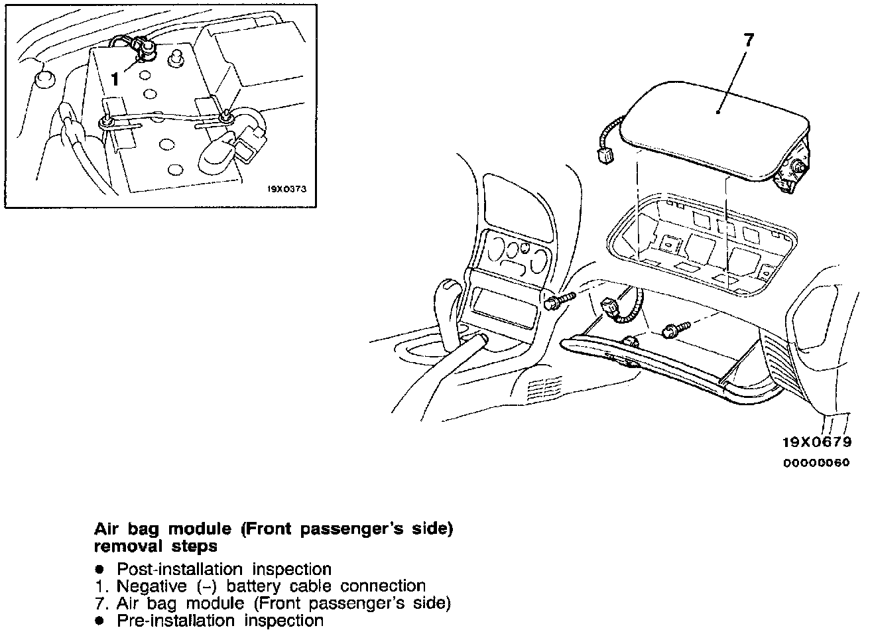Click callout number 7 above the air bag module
click(748, 40)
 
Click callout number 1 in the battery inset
click(115, 79)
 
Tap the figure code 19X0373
click(288, 188)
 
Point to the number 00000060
click(817, 464)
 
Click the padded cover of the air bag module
click(716, 126)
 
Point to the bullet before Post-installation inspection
click(99, 570)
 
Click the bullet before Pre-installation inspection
click(99, 621)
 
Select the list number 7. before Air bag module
click(101, 603)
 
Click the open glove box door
click(663, 371)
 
